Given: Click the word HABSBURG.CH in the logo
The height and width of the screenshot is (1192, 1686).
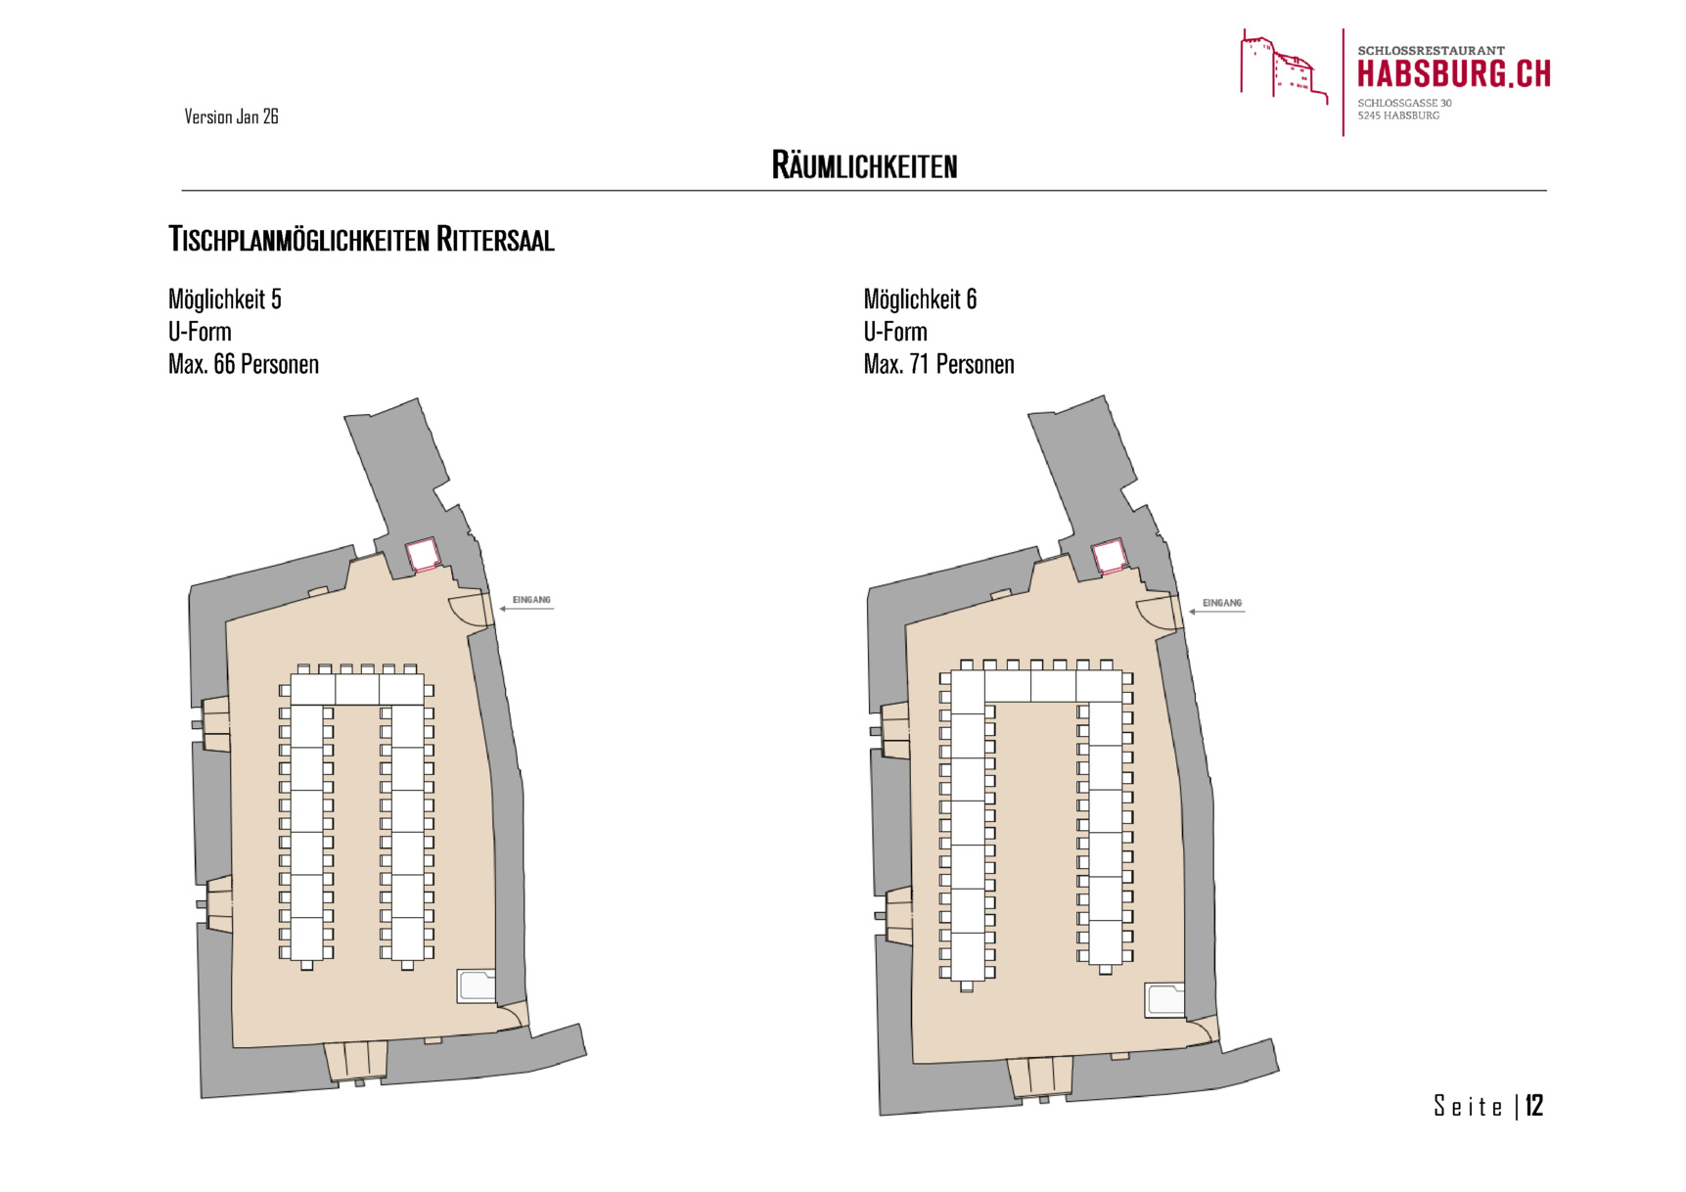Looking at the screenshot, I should click(x=1453, y=74).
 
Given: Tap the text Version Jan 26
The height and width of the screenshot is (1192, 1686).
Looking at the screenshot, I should click(x=231, y=116).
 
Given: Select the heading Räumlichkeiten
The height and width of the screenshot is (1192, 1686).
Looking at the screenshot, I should click(x=864, y=165).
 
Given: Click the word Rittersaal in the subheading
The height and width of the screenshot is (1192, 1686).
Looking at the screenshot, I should click(x=495, y=239).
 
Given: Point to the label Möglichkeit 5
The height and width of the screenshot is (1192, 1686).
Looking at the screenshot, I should click(x=224, y=298).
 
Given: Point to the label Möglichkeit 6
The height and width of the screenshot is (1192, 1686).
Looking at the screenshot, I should click(x=920, y=298).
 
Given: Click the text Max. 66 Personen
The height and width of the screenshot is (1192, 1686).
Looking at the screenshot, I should click(x=243, y=364).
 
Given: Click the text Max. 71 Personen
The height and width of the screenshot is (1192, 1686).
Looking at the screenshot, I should click(x=938, y=364).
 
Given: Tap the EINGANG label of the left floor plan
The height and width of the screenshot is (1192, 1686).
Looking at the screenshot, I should click(x=531, y=600).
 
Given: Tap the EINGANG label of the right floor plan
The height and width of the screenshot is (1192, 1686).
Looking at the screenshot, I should click(x=1221, y=603).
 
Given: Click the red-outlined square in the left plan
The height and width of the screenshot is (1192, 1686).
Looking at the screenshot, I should click(x=422, y=555).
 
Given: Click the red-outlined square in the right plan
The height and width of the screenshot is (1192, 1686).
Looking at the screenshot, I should click(x=1109, y=557).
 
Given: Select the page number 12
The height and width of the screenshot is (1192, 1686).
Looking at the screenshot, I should click(x=1533, y=1106).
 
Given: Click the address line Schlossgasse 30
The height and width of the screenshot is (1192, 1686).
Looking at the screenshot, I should click(x=1404, y=103).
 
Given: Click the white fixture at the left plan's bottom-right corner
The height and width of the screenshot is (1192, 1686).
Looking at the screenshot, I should click(x=477, y=986).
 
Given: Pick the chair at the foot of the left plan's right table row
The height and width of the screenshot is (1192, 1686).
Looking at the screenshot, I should click(x=407, y=966).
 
